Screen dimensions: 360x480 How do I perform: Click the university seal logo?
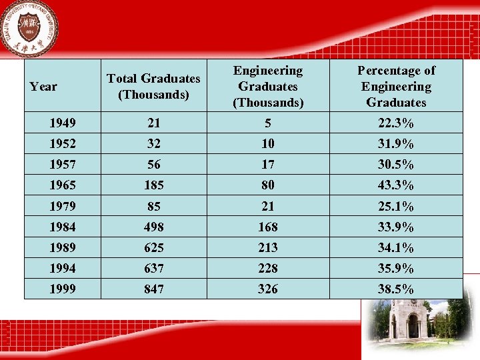click(29, 29)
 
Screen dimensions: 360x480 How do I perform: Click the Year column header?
click(44, 87)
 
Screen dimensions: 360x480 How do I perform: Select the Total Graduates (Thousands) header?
click(153, 87)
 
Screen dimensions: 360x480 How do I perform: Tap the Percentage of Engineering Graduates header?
click(396, 87)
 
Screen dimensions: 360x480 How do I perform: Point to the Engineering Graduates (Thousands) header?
click(268, 87)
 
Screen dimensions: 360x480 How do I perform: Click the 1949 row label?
click(63, 123)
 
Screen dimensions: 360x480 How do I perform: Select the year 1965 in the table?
click(63, 185)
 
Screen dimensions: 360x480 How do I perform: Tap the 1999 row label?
click(63, 289)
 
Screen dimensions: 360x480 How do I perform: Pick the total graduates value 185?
click(153, 185)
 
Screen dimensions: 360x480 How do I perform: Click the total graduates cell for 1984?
click(153, 227)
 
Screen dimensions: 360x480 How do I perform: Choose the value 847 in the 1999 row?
click(153, 289)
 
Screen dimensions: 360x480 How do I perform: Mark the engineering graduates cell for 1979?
click(268, 206)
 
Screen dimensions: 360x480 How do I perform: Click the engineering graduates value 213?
click(268, 248)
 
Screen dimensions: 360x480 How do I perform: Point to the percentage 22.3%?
click(396, 123)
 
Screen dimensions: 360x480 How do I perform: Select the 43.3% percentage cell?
click(396, 185)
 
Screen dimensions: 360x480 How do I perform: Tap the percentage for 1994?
click(396, 269)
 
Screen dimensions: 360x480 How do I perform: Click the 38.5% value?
click(396, 289)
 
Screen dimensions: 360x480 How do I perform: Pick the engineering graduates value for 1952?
click(268, 144)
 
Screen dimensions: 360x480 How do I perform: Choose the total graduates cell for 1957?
click(153, 165)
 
